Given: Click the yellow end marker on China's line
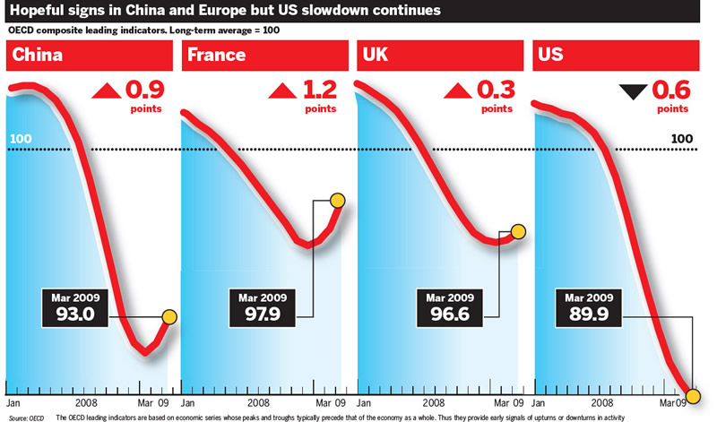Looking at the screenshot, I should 168,316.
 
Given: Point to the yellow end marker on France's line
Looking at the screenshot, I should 338,201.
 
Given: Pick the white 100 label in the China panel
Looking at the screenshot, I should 20,140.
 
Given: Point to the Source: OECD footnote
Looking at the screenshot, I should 27,418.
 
